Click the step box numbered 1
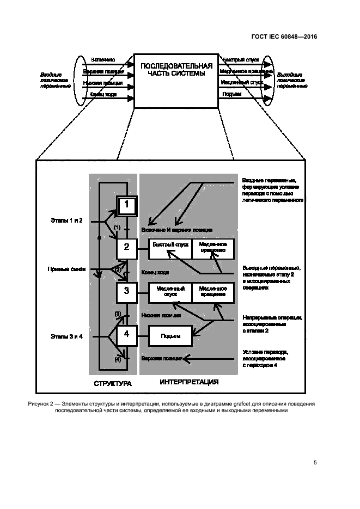[126, 206]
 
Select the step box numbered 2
[126, 248]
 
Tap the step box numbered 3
[126, 291]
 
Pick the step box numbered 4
[126, 334]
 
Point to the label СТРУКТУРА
[113, 384]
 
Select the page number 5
[315, 463]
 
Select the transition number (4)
[118, 359]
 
